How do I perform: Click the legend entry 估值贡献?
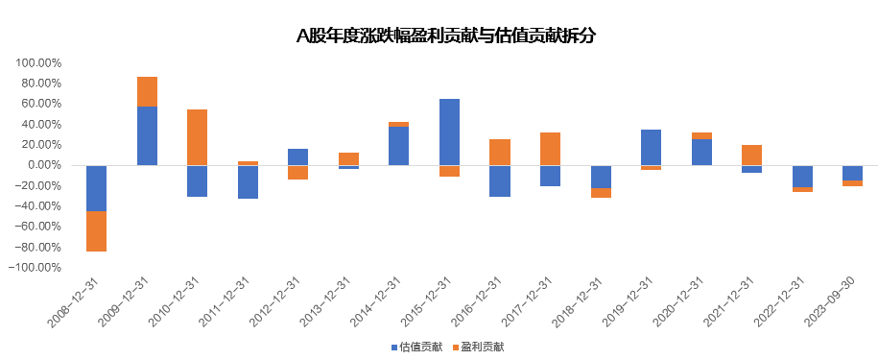416,347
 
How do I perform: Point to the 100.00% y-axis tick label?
37,62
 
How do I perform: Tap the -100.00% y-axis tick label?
36,268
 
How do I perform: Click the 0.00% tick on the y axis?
44,165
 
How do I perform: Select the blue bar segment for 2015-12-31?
449,132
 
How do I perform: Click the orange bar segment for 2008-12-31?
96,231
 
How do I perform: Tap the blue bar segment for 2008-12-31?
96,188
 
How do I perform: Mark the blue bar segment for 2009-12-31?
147,135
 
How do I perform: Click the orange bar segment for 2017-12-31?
550,149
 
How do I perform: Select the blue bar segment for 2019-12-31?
651,147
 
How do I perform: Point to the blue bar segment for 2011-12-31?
248,181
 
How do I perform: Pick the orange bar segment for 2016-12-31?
499,152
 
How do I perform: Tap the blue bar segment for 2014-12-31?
398,146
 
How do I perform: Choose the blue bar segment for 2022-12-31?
802,176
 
